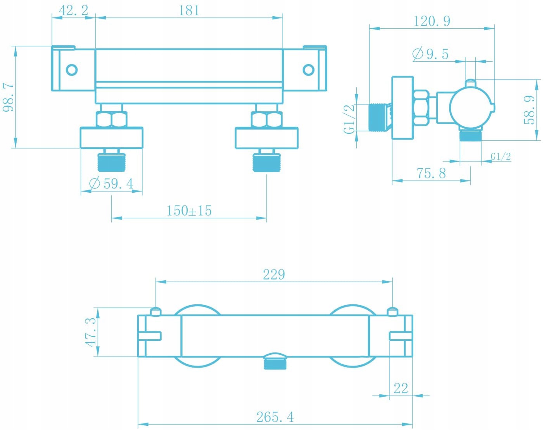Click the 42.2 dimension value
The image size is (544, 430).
click(74, 10)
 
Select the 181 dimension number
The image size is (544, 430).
click(189, 11)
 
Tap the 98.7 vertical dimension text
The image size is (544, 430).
click(9, 97)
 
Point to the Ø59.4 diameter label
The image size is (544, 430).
click(111, 184)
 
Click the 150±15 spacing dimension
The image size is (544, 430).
click(189, 211)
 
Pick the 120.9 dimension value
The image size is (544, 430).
click(432, 21)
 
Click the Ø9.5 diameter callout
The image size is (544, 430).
click(430, 54)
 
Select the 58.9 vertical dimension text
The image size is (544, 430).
click(529, 110)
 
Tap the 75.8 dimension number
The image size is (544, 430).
click(431, 173)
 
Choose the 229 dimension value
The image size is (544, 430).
click(274, 275)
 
